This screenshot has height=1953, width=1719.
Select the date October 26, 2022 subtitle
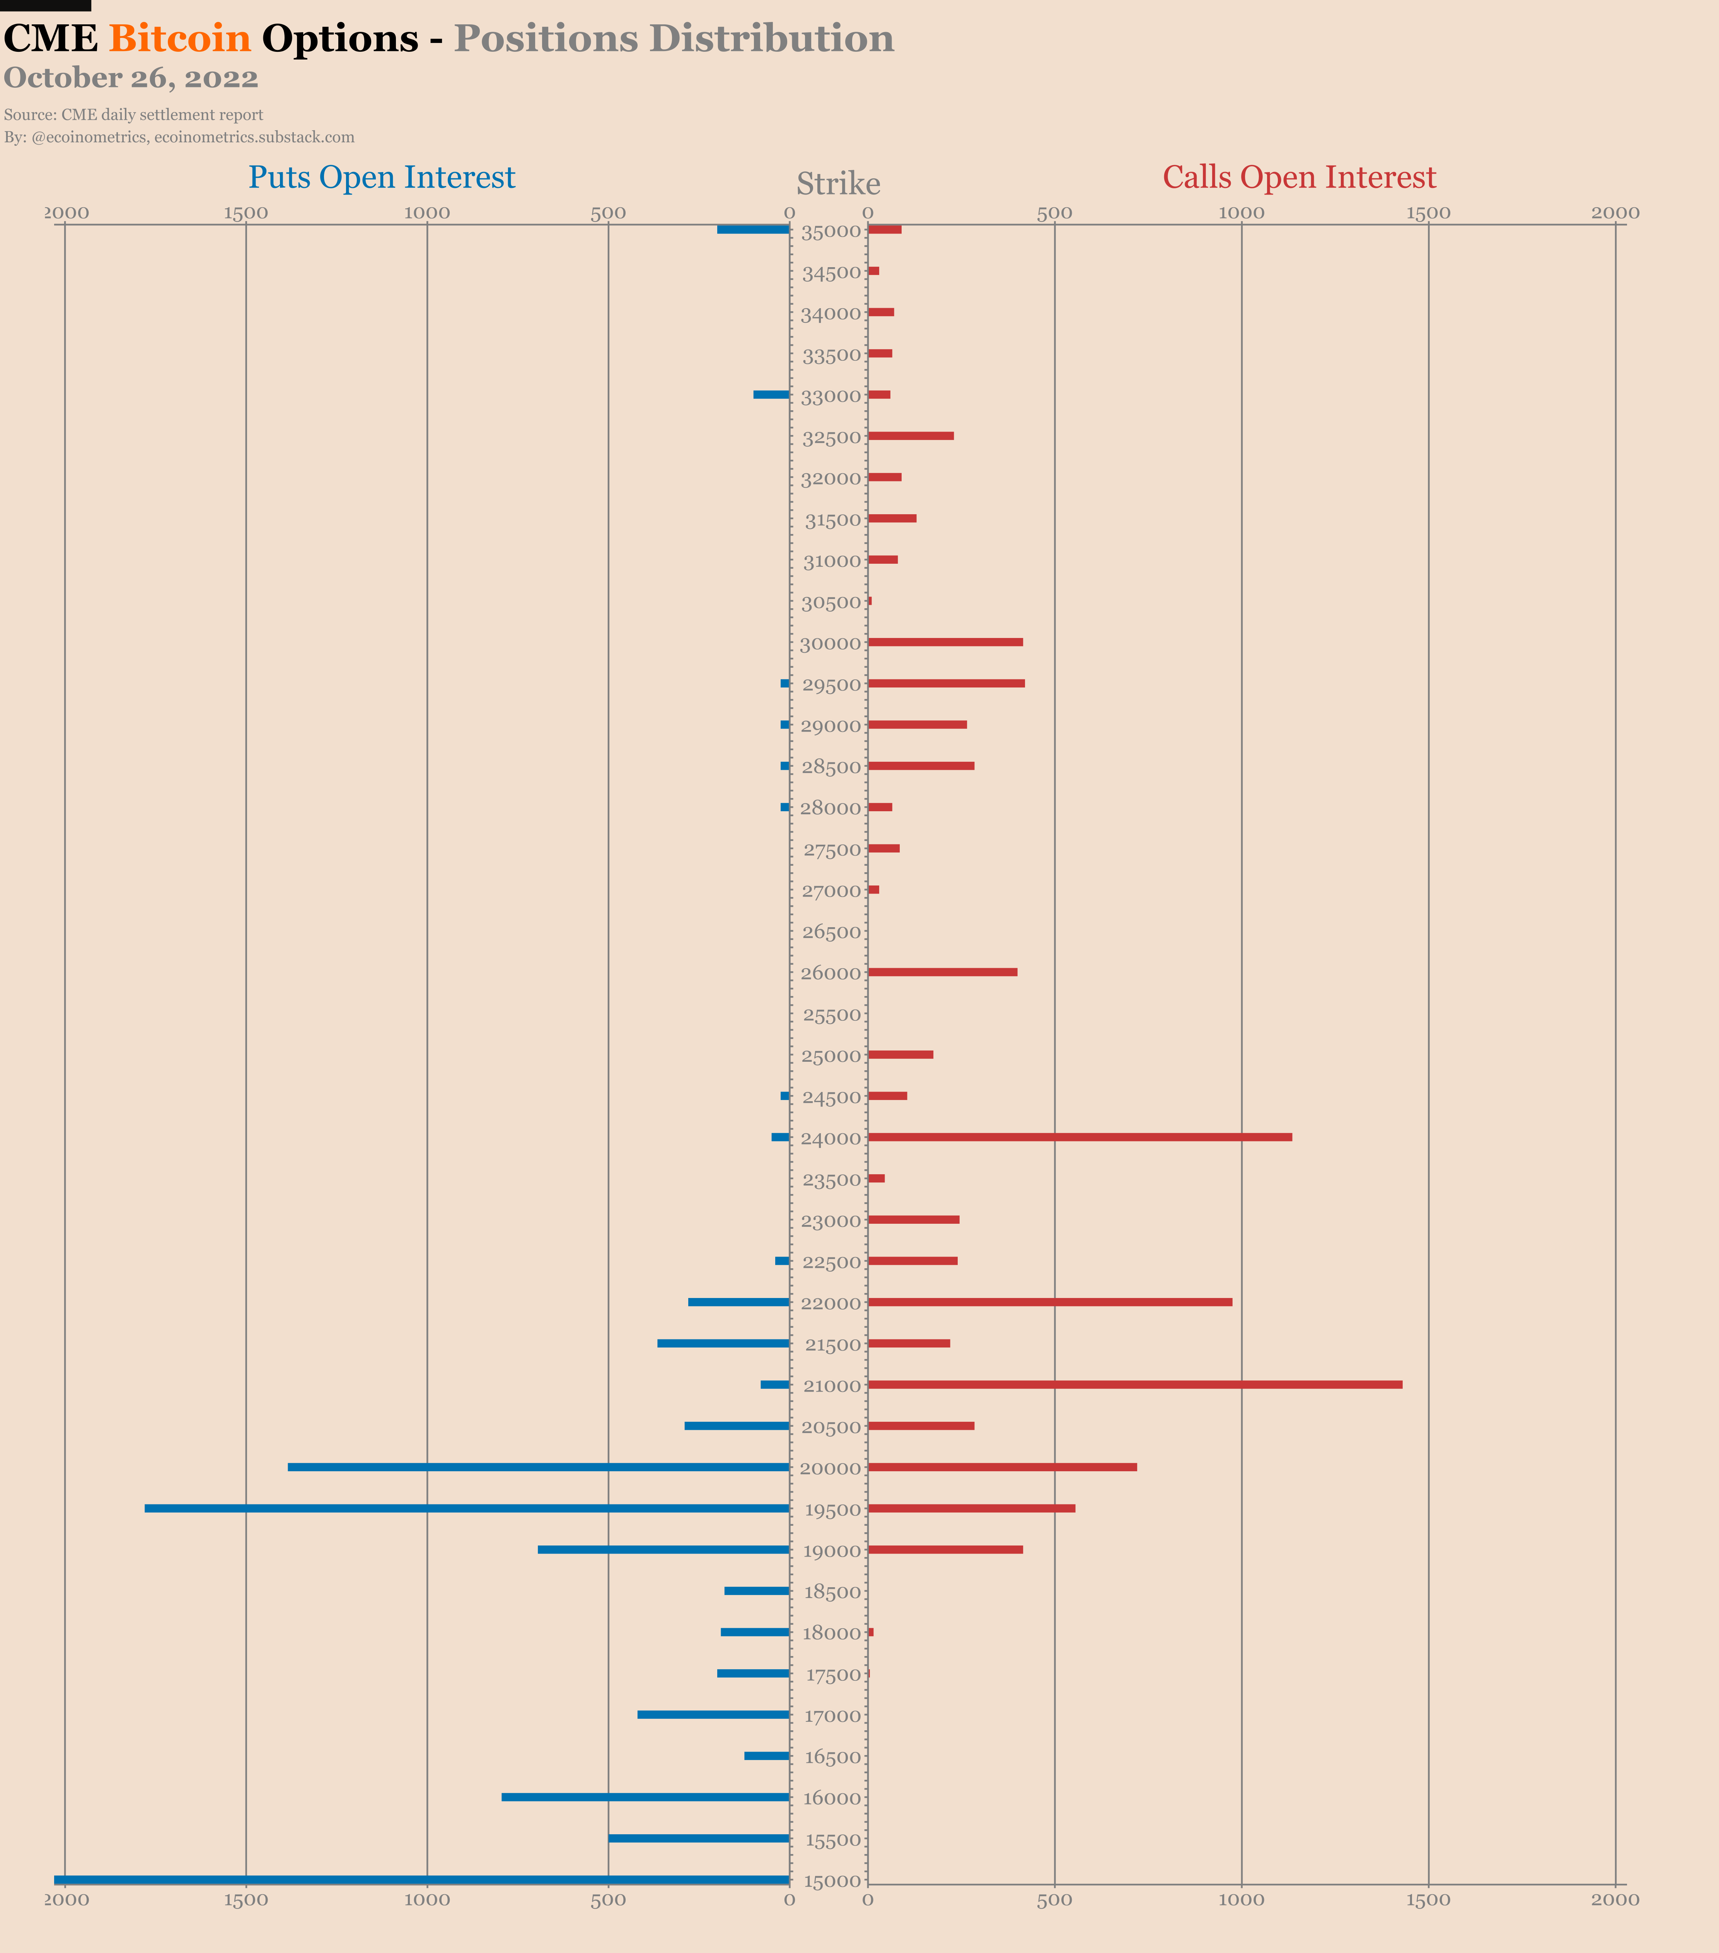click(131, 78)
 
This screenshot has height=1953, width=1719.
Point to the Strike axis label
click(838, 183)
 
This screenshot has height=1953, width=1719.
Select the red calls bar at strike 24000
click(1080, 1137)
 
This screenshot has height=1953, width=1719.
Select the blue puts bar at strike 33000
click(771, 395)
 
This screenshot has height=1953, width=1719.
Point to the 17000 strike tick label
click(832, 1716)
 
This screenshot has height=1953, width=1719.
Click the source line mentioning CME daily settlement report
click(134, 115)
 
